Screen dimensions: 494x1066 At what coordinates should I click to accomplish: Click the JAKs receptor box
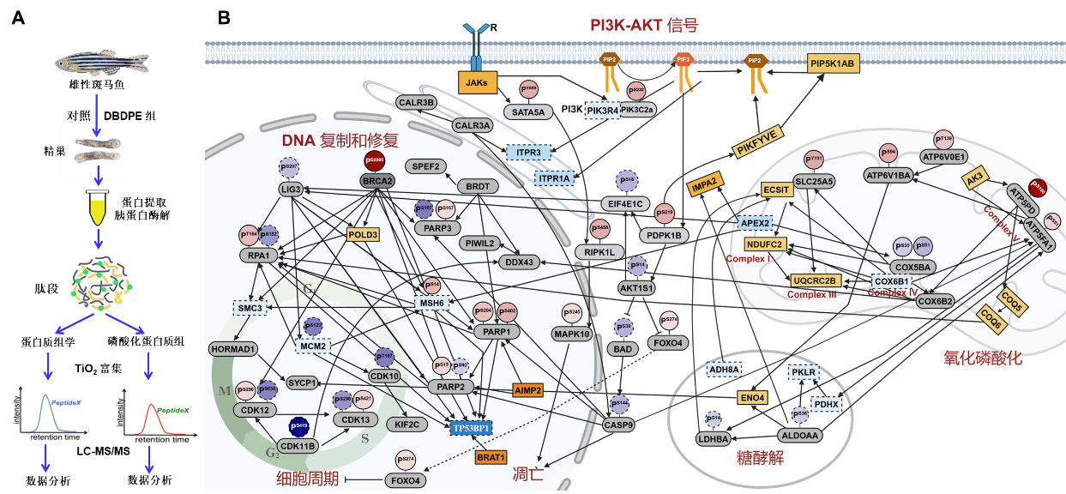point(475,83)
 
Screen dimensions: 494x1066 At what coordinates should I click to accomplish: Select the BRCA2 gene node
point(376,182)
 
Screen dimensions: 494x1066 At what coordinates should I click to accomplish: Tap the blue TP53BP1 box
point(470,426)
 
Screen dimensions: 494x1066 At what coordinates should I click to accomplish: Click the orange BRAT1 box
point(491,457)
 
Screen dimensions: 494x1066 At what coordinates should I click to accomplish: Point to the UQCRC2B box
point(815,280)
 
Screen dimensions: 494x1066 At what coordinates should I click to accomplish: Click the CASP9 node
point(617,424)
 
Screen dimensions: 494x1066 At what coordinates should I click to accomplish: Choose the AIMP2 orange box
point(528,390)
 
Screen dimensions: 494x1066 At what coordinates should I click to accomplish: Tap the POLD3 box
point(363,234)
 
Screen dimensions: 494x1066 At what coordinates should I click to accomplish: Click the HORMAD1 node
point(233,349)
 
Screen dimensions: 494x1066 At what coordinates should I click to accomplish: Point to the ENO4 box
point(751,398)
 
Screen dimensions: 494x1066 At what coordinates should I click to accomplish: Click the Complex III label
point(810,294)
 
